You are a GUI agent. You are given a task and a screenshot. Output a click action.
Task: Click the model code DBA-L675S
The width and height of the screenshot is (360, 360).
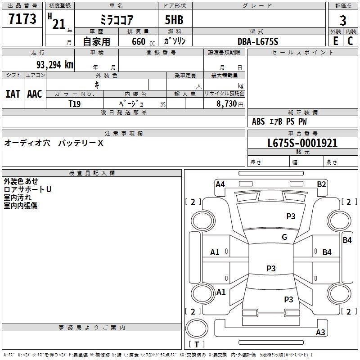[258, 41]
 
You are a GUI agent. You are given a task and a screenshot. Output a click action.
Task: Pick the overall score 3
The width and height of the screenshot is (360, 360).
[343, 20]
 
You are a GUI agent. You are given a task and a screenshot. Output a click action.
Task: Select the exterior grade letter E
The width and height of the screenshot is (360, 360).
[335, 41]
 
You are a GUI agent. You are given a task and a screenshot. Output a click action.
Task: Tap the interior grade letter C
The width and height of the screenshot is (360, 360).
[351, 41]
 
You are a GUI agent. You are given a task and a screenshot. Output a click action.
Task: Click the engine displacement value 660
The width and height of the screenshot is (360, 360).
[138, 42]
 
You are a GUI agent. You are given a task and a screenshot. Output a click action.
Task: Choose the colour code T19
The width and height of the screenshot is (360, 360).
[74, 103]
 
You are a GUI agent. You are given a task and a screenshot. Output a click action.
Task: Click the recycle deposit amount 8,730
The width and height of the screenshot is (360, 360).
[227, 103]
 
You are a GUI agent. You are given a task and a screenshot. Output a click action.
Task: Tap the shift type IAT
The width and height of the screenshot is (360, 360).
[13, 94]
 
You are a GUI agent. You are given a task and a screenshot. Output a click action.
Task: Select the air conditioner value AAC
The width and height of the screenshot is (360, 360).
[34, 94]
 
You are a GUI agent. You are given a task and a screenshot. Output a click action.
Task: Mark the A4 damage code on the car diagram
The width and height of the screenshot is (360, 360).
[220, 184]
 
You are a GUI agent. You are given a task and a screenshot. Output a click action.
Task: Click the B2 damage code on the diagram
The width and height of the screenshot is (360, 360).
[321, 184]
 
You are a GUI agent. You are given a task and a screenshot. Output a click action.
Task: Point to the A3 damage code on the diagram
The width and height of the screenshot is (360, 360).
[320, 333]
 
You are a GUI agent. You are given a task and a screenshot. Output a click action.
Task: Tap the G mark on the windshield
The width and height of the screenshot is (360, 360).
[284, 237]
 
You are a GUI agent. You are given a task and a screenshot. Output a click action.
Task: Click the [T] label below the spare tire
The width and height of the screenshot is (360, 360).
[197, 345]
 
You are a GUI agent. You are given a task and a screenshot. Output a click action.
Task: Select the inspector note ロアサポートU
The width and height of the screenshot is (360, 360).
[27, 189]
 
